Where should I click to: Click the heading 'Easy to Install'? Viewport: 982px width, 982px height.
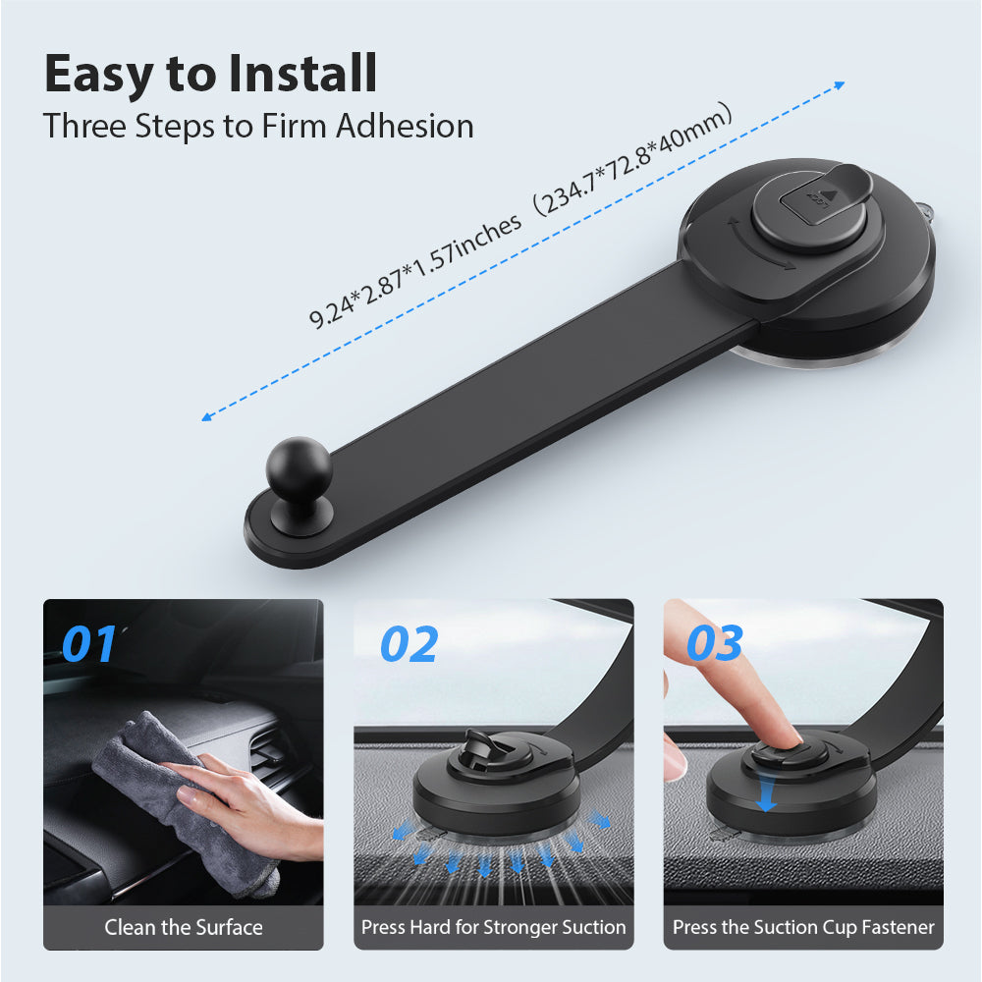click(x=210, y=73)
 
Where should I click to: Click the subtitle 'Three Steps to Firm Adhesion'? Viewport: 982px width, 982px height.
click(x=258, y=127)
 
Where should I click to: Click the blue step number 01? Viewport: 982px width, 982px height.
click(x=88, y=644)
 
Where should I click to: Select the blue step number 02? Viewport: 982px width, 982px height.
click(x=409, y=644)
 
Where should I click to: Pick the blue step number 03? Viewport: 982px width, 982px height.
click(x=714, y=644)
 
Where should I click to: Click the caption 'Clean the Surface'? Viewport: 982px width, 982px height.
click(x=184, y=927)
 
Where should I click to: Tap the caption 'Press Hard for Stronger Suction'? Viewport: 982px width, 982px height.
click(x=493, y=927)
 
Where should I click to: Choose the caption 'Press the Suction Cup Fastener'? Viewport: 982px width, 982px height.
click(x=803, y=927)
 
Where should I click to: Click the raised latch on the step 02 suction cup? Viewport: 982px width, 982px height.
click(x=479, y=743)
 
